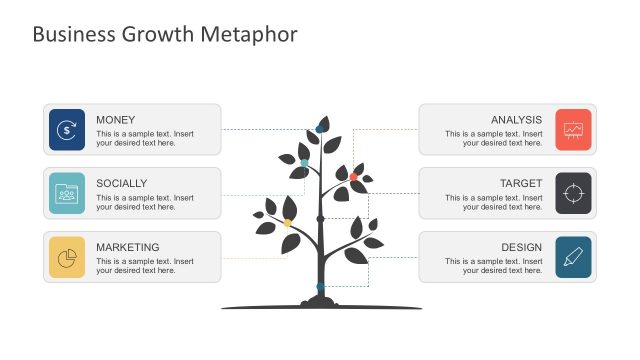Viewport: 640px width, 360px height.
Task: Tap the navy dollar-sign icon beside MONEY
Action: pos(67,129)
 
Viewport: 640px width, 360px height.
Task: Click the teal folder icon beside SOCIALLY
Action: pos(67,193)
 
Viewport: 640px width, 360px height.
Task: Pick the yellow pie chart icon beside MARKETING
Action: pos(67,257)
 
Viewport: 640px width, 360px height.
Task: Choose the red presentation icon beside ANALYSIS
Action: pos(573,129)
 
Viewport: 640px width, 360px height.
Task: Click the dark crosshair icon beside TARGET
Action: pos(573,193)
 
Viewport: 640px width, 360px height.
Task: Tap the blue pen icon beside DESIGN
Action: pos(573,257)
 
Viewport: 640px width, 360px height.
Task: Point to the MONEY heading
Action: pos(116,120)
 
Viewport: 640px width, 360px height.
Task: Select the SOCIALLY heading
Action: pos(122,184)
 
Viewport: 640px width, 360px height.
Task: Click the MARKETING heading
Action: pos(128,248)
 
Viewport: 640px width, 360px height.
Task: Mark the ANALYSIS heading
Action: pos(516,120)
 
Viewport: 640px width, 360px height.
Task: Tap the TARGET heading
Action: pos(521,184)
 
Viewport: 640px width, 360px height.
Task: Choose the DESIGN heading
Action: pos(521,248)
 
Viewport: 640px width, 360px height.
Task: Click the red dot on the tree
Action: pos(353,177)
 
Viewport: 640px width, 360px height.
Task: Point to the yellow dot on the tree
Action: pos(288,223)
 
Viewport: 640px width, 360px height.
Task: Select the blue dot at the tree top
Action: pos(320,128)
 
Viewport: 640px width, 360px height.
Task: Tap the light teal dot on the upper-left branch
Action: pos(304,162)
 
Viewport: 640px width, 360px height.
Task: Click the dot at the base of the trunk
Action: pos(320,287)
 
